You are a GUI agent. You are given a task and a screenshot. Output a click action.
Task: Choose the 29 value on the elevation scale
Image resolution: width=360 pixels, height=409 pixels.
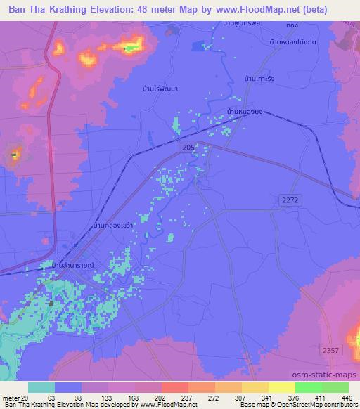click(27, 398)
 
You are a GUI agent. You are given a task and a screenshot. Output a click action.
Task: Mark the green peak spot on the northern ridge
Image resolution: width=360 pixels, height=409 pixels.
click(127, 48)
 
